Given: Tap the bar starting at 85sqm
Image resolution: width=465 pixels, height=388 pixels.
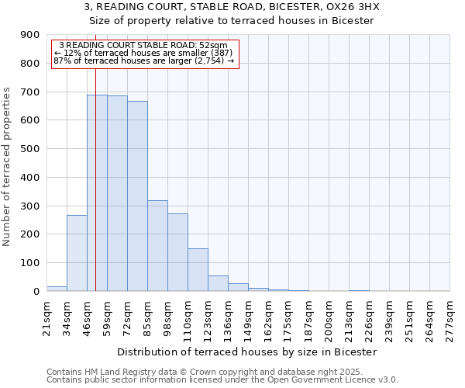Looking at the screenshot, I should [x=157, y=245].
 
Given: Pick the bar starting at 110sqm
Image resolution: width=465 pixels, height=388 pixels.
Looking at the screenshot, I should [x=198, y=269].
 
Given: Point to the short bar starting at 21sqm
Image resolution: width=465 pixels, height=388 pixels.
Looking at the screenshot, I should [x=57, y=289].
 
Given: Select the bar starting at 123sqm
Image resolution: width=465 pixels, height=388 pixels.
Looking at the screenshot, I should [x=218, y=283].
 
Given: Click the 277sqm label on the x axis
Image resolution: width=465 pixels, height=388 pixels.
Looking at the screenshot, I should [x=449, y=318].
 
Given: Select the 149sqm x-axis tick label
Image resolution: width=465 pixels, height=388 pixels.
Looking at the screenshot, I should [x=248, y=318].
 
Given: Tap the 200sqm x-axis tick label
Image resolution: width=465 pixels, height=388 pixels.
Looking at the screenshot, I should [x=329, y=318].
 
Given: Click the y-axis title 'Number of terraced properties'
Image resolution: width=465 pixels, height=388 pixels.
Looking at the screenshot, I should [x=7, y=167].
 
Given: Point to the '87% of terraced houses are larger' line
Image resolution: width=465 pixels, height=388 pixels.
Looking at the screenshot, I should [x=143, y=61].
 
